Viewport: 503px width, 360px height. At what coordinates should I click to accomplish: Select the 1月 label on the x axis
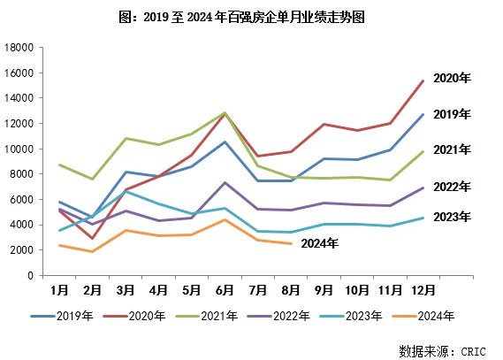coord(60,289)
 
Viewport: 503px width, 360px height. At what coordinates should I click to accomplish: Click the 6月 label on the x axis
coord(225,289)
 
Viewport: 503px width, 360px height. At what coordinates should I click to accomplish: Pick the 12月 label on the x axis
coord(422,289)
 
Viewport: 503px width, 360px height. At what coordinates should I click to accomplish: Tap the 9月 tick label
coord(324,289)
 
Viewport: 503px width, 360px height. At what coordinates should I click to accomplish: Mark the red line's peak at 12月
coord(423,80)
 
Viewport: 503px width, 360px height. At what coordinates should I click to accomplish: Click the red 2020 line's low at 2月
coord(93,238)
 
